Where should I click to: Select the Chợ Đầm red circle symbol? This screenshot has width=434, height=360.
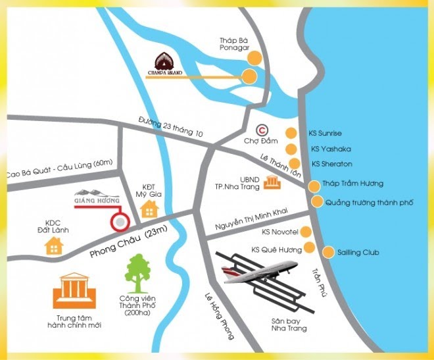263,130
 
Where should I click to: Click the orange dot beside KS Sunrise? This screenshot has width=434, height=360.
290,132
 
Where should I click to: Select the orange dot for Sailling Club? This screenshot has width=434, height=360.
328,251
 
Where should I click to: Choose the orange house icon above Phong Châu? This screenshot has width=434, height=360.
150,209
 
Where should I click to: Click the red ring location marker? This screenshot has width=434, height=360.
119,222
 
